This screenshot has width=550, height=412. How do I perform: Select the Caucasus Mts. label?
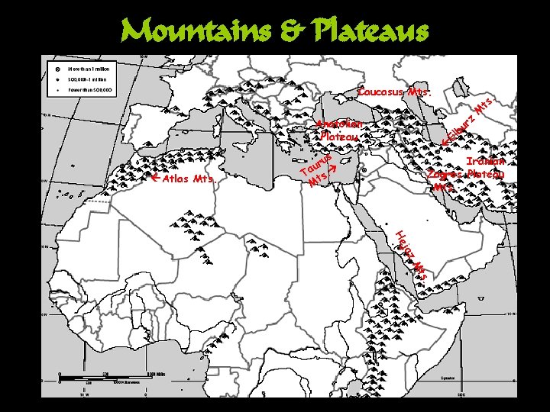tap(394, 92)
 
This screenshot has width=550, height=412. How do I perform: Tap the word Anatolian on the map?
tap(339, 124)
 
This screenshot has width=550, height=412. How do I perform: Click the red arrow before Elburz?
tap(446, 142)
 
